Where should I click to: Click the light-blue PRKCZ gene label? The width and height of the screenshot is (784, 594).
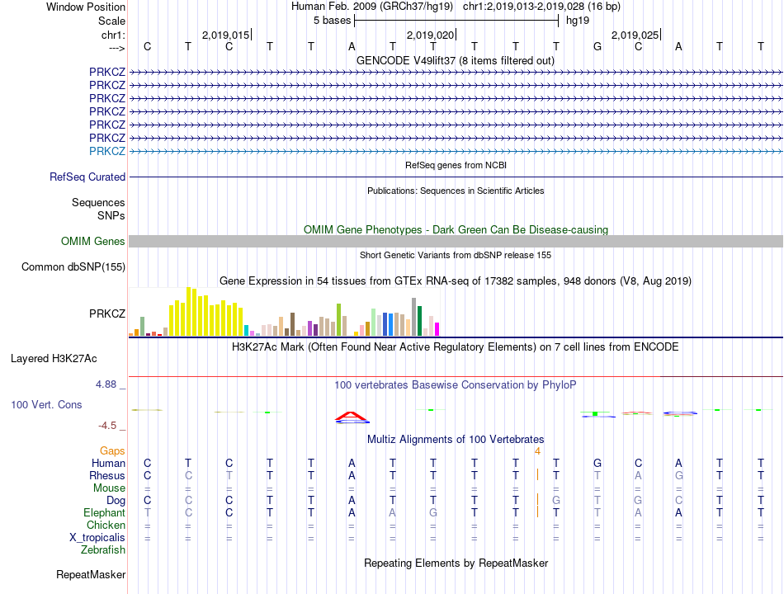[107, 151]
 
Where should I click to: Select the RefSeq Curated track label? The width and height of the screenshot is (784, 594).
[87, 177]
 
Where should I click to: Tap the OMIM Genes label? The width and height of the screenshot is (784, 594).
[93, 241]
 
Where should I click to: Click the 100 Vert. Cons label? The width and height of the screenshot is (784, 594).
[46, 405]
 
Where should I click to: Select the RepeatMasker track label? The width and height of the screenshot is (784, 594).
[91, 574]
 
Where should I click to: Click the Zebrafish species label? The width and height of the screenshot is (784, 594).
[103, 549]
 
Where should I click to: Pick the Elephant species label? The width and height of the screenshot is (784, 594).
[104, 512]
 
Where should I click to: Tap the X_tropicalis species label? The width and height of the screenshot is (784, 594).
[97, 537]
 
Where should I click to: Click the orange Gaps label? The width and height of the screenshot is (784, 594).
[112, 450]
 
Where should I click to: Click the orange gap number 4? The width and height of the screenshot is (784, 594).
[537, 450]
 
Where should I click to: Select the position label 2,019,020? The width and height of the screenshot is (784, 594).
[431, 35]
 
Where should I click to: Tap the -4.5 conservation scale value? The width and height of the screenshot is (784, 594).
[111, 426]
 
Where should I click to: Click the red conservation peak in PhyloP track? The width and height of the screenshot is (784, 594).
[352, 415]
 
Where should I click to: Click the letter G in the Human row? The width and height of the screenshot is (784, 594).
[597, 464]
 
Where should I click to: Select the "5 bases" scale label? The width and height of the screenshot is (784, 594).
[333, 20]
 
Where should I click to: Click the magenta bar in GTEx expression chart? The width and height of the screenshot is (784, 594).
[437, 328]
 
